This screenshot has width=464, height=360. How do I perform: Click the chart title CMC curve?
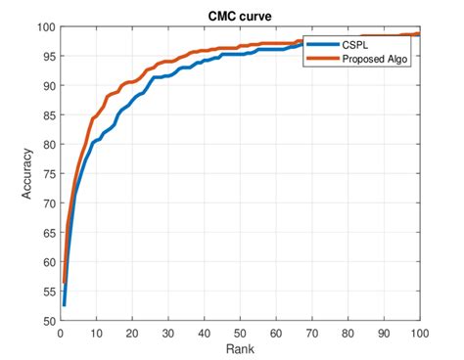240,16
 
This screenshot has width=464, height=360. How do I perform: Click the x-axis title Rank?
240,349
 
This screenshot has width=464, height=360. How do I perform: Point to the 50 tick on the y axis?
49,321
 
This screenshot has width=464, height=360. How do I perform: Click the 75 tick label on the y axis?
49,174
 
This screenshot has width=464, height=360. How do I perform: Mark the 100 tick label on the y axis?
46,27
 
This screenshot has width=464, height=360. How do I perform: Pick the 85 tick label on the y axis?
49,115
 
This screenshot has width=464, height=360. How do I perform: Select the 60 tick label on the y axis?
49,262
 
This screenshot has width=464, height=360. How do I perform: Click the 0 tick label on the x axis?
61,333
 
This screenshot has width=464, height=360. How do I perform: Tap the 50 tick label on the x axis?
240,333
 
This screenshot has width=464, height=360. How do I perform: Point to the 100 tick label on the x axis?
419,333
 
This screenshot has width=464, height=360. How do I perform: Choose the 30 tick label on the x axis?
168,333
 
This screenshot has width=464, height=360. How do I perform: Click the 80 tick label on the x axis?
348,333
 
